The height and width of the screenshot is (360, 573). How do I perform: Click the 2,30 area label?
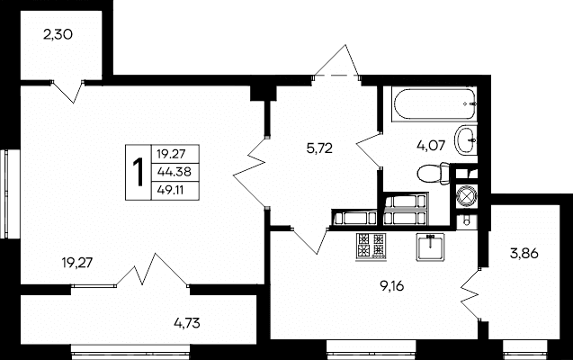[58, 35]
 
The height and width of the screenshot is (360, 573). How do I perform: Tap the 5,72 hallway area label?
[319, 148]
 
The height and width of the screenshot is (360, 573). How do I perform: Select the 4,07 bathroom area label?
[431, 146]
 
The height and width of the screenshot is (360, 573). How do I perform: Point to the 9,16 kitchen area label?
[392, 286]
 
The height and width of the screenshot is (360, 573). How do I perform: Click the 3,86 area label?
[524, 253]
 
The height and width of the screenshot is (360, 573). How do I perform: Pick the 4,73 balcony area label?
[187, 323]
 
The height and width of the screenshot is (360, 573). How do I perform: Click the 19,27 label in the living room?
[77, 263]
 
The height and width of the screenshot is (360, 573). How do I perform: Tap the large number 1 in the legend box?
[139, 173]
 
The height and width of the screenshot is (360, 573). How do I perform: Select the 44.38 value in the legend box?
[174, 172]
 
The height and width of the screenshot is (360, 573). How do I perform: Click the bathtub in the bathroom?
[434, 103]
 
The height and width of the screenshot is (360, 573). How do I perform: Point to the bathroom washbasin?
[466, 140]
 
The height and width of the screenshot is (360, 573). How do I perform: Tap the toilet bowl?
[434, 174]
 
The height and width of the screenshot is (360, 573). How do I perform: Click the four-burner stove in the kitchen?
[372, 247]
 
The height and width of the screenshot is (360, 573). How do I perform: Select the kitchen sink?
[430, 247]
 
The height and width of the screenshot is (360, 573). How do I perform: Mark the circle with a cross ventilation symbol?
[467, 196]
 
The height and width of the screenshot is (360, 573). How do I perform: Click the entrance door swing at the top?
[337, 61]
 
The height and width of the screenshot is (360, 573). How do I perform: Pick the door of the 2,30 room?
[67, 92]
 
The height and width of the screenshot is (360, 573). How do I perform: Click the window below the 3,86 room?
[525, 347]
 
